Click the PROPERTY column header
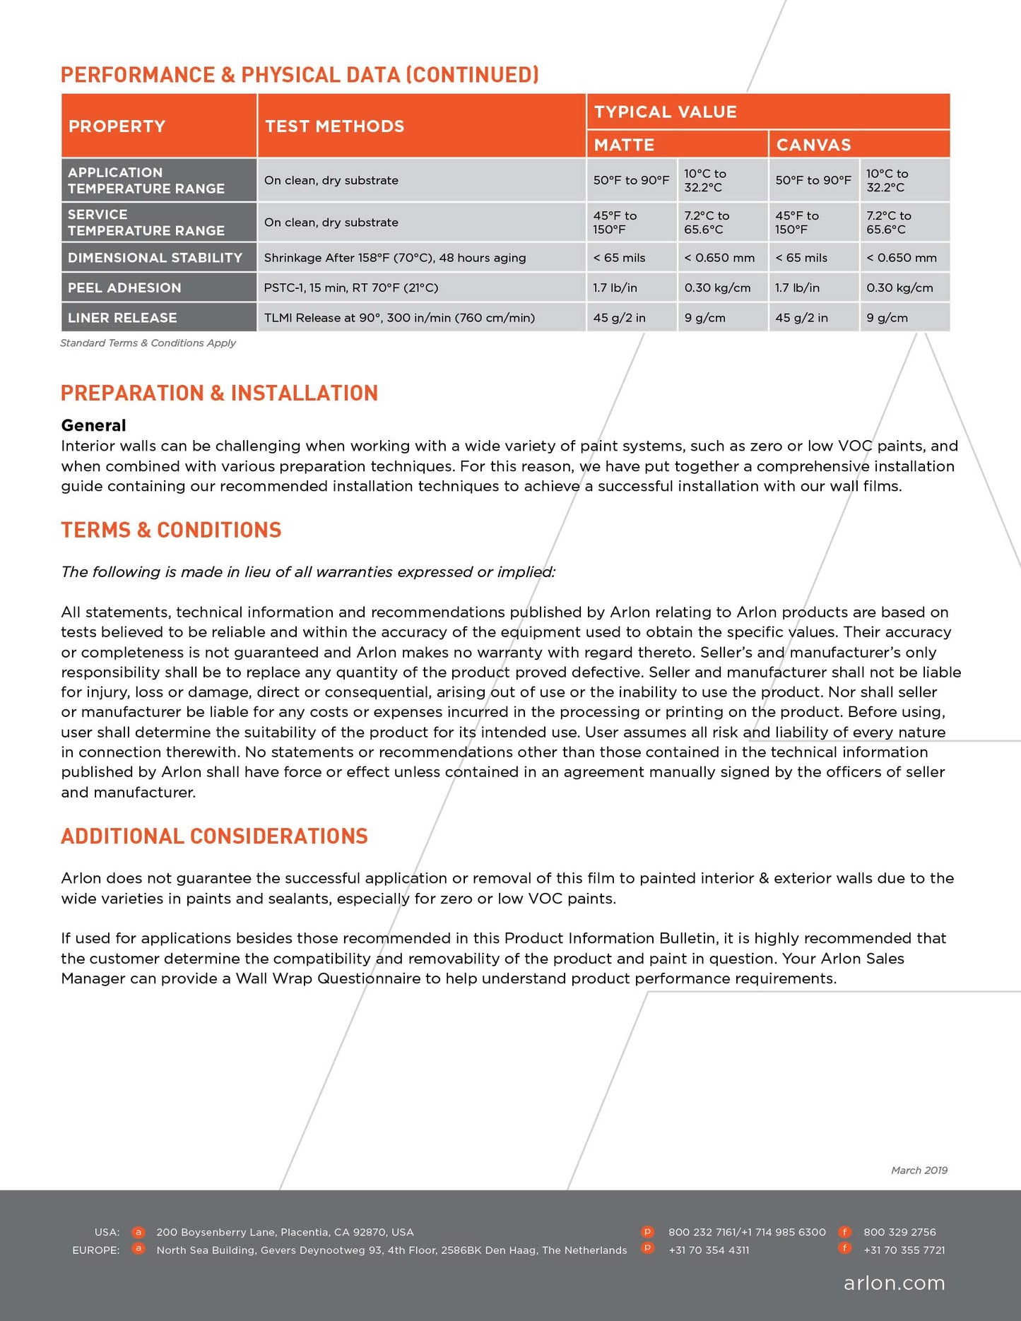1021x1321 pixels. (x=117, y=126)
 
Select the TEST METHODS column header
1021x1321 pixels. (x=334, y=126)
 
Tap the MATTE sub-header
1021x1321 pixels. (x=624, y=145)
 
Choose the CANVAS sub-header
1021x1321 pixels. (x=813, y=145)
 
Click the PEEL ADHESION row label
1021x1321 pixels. (x=124, y=288)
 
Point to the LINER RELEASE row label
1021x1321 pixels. (x=122, y=318)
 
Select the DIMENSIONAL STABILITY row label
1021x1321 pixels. (x=155, y=258)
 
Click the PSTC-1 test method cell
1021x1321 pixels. (x=350, y=288)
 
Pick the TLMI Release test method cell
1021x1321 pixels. (x=399, y=318)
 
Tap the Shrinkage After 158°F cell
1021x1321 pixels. (x=394, y=258)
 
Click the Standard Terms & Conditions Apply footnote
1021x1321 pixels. (x=148, y=343)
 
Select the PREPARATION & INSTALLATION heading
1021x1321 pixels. (x=219, y=393)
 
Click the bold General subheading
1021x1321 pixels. (x=93, y=425)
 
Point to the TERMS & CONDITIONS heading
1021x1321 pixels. (x=171, y=530)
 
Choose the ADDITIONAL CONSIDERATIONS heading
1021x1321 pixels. (x=214, y=836)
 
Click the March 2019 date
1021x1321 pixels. (x=919, y=1171)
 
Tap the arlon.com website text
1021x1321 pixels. (x=894, y=1283)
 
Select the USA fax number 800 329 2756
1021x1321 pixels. (x=899, y=1232)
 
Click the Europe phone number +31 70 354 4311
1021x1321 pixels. (x=708, y=1250)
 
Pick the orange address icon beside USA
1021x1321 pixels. (x=138, y=1232)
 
